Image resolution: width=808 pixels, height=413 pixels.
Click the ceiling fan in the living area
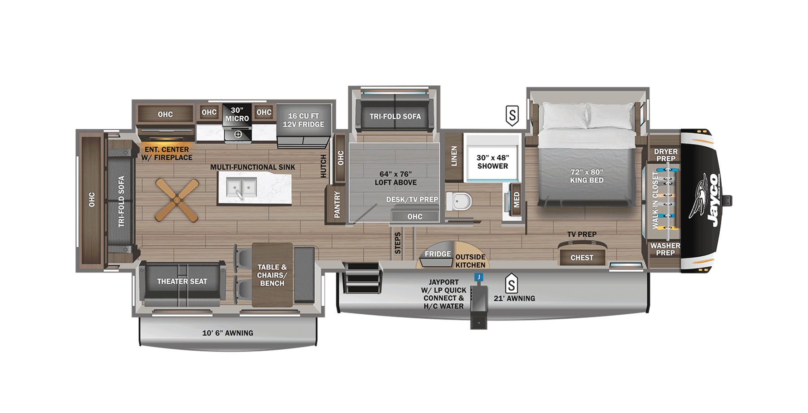[x=177, y=200]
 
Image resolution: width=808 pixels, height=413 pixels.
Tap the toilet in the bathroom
[x=459, y=201]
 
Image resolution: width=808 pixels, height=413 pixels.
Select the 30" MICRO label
[x=237, y=114]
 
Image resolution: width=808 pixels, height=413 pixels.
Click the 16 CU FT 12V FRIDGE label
[x=303, y=120]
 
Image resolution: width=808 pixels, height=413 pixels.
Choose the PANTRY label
[x=337, y=205]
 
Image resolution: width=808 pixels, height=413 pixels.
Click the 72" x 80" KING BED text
[x=587, y=176]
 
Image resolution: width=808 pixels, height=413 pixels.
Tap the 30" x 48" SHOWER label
[x=492, y=162]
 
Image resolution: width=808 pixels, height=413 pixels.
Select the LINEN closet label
[x=454, y=156]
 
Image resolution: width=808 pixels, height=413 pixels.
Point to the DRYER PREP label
[x=665, y=155]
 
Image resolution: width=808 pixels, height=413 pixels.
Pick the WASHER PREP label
[x=665, y=249]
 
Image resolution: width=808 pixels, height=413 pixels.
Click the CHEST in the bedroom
[x=582, y=258]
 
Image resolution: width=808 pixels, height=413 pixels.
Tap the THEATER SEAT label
[x=182, y=281]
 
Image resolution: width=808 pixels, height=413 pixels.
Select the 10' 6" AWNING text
[x=228, y=333]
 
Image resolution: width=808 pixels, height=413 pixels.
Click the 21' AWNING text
[x=514, y=298]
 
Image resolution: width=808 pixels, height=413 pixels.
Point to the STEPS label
[x=397, y=243]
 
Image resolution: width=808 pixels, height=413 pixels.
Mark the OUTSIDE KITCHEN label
[x=470, y=261]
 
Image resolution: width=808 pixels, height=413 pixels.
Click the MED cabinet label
[x=516, y=199]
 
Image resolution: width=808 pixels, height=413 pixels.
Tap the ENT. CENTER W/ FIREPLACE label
[x=167, y=154]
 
